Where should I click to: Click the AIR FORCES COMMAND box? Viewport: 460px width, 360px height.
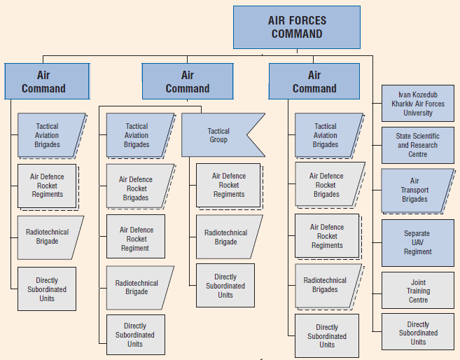(x=297, y=27)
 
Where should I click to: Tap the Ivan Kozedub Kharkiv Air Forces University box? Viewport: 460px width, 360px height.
(x=418, y=104)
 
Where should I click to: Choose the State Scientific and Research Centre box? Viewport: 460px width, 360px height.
(x=418, y=145)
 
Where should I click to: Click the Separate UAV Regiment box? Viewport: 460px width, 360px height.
(x=418, y=242)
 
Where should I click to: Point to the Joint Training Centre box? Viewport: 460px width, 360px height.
(x=418, y=291)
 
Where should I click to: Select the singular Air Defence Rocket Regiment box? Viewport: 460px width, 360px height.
(x=136, y=237)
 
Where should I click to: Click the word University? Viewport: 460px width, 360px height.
(x=418, y=113)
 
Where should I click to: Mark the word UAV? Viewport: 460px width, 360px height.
(x=417, y=242)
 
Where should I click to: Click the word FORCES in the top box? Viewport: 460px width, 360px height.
(x=309, y=20)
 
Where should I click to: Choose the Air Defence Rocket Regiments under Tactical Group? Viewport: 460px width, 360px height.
(x=229, y=186)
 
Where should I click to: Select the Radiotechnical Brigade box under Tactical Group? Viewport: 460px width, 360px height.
(x=228, y=237)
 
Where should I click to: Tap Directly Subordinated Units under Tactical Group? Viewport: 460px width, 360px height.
(x=225, y=286)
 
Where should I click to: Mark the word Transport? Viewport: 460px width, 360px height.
(x=414, y=190)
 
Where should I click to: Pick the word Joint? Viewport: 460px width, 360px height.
(x=419, y=282)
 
